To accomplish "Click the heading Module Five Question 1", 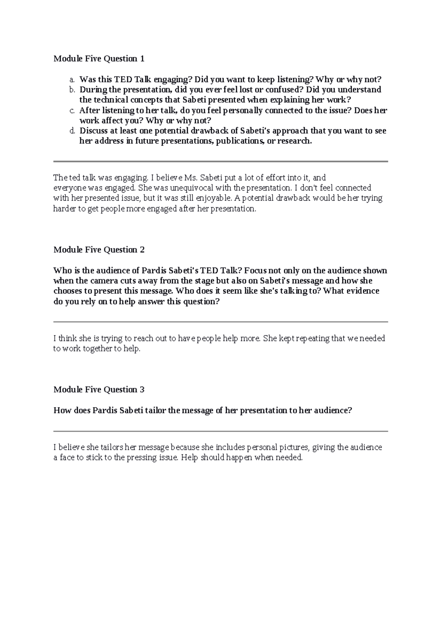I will tap(99, 58).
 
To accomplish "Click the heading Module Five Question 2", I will tap(99, 250).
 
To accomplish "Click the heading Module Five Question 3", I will tap(99, 390).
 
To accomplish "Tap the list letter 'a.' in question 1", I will tap(72, 79).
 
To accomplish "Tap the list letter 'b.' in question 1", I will tap(72, 90).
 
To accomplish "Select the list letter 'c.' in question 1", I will tap(72, 110).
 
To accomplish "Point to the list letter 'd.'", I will tap(72, 131).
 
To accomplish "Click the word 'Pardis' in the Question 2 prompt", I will tap(154, 271).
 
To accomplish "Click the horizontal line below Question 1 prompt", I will tap(220, 161).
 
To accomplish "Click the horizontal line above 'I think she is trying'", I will tap(220, 322).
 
